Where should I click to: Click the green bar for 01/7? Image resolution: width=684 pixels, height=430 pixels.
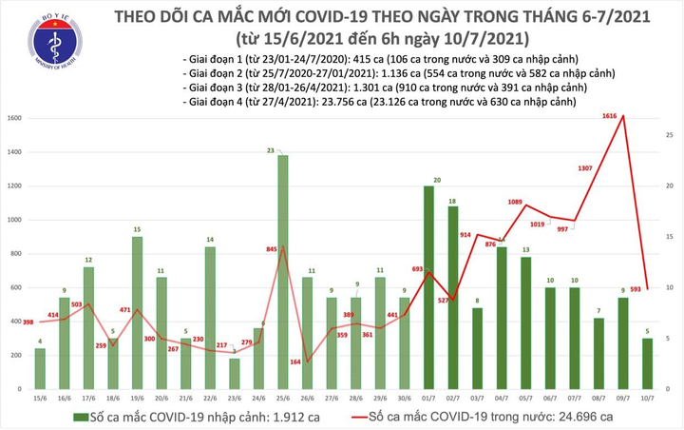click(428, 284)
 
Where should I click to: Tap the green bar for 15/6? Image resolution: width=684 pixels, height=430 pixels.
click(40, 365)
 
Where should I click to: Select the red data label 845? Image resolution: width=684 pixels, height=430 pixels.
click(271, 250)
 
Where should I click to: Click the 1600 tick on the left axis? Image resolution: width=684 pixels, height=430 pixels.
click(13, 118)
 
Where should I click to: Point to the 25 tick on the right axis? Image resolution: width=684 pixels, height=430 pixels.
click(669, 136)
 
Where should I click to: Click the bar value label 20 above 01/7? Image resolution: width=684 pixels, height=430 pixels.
click(435, 180)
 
